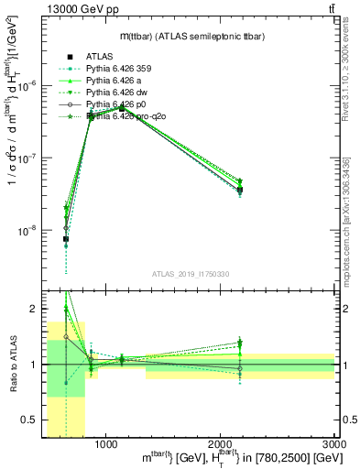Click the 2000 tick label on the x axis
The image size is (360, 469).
[220, 443]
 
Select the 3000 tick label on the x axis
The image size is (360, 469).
[333, 443]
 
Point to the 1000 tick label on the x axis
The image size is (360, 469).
[106, 443]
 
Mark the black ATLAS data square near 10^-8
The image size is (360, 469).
[66, 239]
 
